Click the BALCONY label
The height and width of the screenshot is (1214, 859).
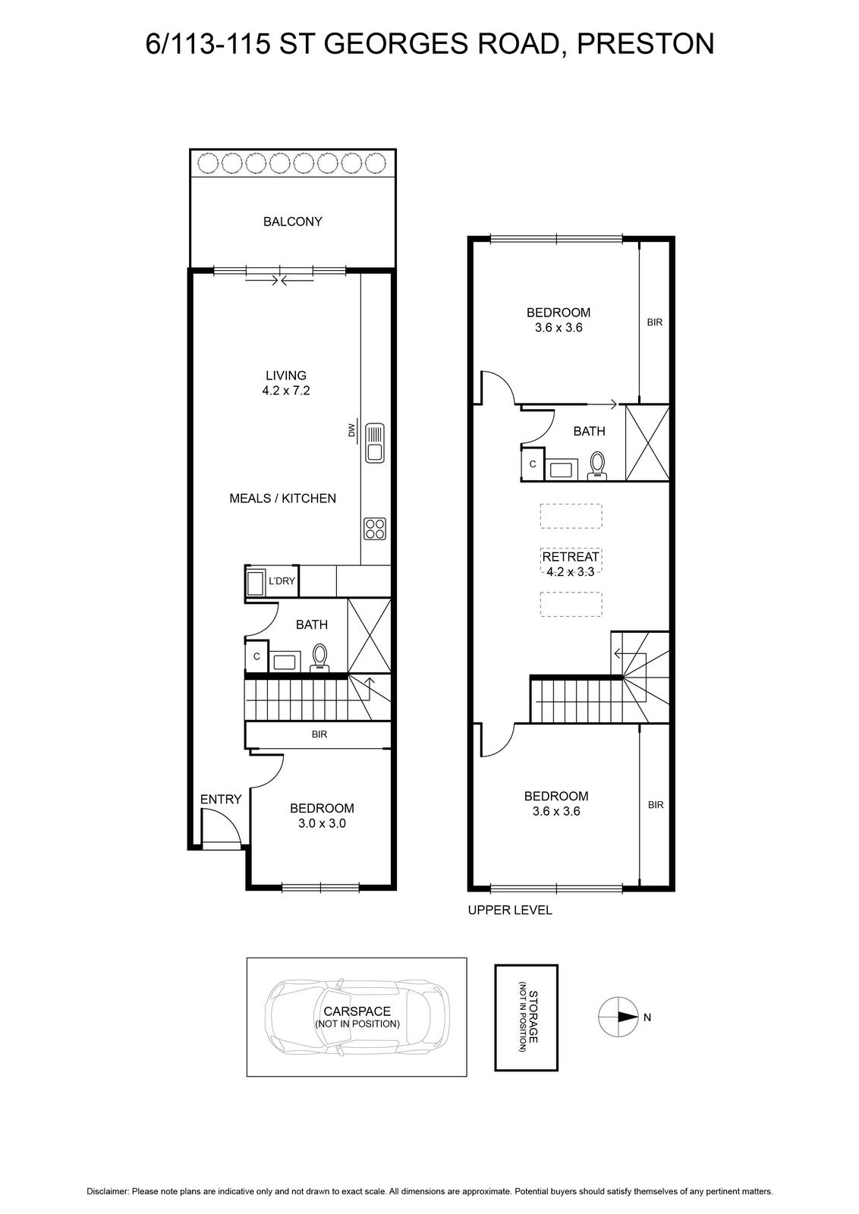293,222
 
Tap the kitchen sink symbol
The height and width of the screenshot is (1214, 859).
375,443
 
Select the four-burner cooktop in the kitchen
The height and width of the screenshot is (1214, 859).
375,529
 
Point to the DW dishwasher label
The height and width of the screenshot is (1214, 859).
351,429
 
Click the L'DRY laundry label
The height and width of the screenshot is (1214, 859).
282,581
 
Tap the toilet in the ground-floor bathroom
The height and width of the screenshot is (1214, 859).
319,657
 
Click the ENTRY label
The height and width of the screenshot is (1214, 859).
221,800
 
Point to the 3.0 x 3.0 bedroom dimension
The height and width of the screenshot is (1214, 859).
322,823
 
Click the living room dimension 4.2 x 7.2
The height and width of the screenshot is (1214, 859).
286,390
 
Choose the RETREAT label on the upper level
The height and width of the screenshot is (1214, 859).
571,557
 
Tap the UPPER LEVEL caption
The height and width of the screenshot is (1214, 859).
510,910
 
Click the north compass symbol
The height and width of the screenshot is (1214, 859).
618,1017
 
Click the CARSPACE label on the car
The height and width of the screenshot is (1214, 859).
357,1011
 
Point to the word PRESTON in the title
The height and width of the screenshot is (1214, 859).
646,44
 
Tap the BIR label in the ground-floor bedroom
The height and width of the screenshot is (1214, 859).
319,734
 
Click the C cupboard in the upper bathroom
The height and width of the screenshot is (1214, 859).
532,464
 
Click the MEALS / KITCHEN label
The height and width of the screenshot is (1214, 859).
282,498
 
